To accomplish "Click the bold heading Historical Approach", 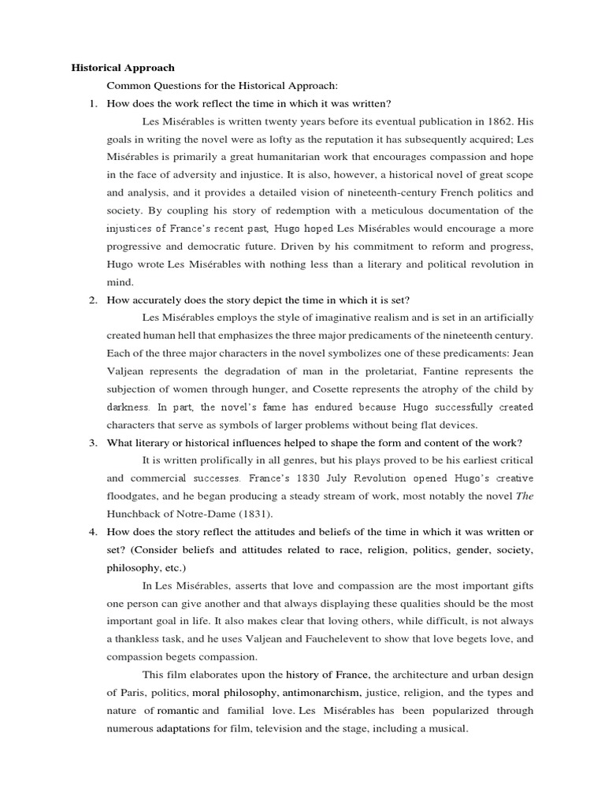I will click(123, 68).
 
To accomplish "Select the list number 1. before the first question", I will click(92, 103).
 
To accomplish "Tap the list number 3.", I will click(92, 442).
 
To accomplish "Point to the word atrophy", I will click(457, 389).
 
